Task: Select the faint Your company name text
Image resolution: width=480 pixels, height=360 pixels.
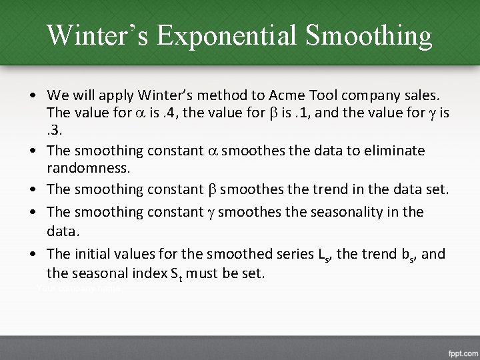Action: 79,288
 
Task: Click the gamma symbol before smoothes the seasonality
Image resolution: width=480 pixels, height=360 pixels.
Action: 209,211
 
